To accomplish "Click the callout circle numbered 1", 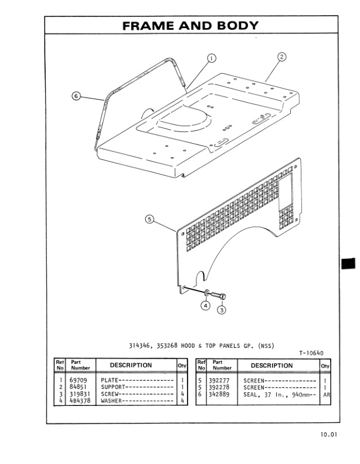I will click(212, 57).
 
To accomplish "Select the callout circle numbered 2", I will click(281, 57).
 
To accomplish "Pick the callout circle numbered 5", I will click(150, 219).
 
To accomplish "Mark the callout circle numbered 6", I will click(76, 97).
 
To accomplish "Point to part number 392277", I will click(222, 381).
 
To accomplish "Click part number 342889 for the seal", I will click(222, 394).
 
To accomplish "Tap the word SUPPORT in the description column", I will click(113, 387).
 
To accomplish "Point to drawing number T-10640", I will click(311, 353).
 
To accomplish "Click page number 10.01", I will click(329, 435).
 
